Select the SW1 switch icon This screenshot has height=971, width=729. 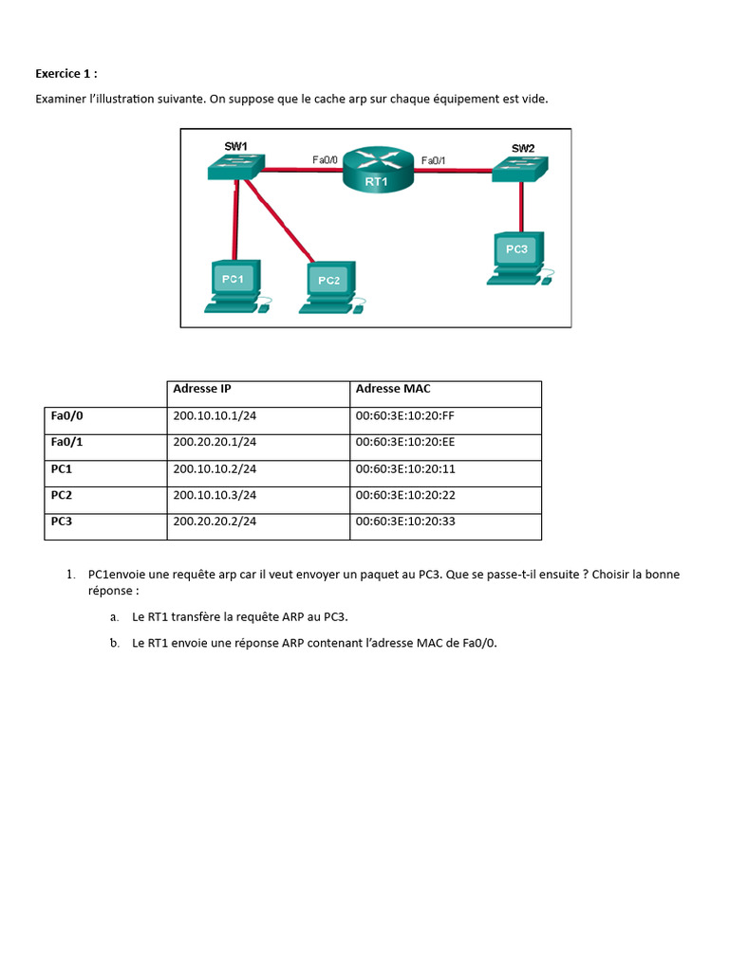coord(235,167)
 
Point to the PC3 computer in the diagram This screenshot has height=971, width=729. coord(517,257)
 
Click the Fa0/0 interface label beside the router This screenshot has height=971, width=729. coord(327,160)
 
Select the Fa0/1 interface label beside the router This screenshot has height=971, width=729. coord(433,160)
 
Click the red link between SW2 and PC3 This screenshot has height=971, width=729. coord(521,207)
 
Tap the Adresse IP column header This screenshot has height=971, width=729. coord(202,389)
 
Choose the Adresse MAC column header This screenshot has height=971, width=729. coord(393,389)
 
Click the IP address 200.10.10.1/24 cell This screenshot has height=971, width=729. coord(215,415)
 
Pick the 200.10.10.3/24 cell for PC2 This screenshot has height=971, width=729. coord(215,495)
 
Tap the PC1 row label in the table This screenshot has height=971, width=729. coord(62,468)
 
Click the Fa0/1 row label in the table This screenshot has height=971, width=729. coord(67,442)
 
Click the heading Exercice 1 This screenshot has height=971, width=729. coord(66,73)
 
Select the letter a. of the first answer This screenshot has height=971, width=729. coord(114,617)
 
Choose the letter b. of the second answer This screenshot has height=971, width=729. coord(114,644)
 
